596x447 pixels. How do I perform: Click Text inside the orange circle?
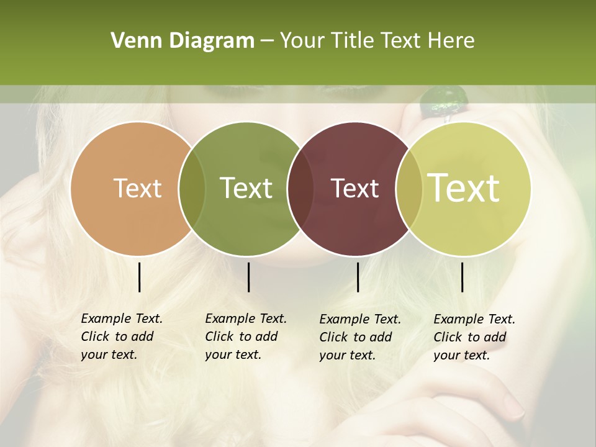138,188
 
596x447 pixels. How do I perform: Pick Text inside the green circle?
246,188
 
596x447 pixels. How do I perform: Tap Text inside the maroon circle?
355,188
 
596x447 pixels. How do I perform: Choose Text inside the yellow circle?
464,188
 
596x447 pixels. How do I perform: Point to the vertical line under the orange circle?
139,277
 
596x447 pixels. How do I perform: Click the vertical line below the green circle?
248,277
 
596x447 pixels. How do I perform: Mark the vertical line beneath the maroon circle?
358,277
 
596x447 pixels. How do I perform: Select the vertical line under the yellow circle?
462,277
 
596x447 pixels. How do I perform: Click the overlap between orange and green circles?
192,189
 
